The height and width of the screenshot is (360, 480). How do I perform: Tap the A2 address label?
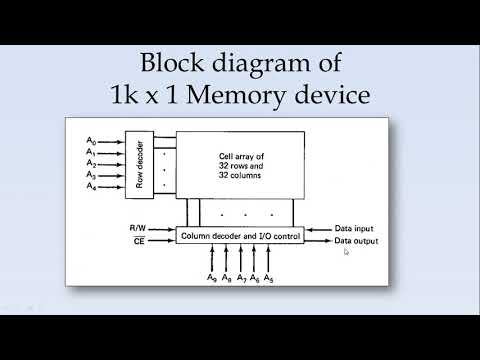[91, 163]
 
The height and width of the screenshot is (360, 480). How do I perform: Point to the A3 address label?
[91, 174]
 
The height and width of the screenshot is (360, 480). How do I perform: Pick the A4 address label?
[91, 186]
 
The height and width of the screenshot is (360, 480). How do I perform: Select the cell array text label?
[244, 164]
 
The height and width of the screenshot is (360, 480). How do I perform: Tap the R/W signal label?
[138, 229]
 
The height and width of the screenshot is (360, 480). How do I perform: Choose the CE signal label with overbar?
[138, 241]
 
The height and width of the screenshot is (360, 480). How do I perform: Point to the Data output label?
[358, 241]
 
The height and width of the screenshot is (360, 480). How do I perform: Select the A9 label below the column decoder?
[212, 277]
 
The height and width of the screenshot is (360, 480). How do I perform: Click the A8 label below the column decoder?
[227, 277]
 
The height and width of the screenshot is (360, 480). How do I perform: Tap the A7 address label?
[241, 277]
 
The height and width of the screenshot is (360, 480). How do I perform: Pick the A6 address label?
[255, 277]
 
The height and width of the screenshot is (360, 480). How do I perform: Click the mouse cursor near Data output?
[346, 252]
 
